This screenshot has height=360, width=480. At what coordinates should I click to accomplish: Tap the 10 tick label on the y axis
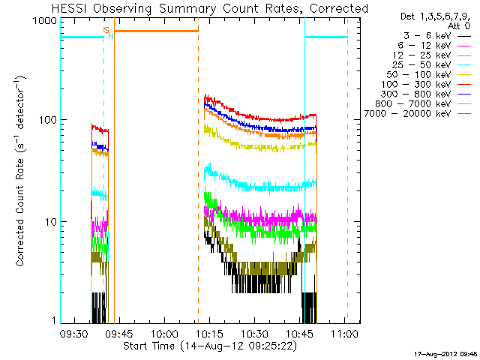coord(50,222)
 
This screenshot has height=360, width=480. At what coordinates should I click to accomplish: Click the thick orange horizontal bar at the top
coord(156,31)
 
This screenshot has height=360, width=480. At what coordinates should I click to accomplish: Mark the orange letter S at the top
coord(106,29)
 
